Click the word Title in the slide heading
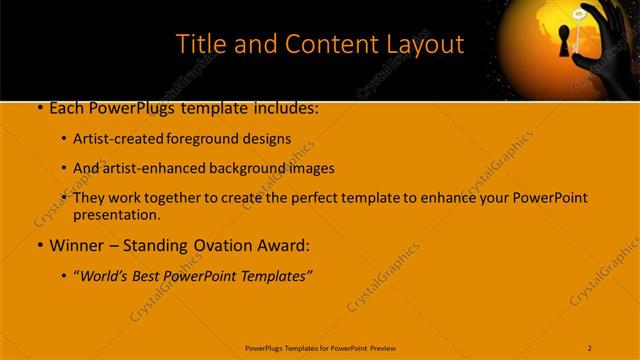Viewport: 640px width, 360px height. (x=199, y=45)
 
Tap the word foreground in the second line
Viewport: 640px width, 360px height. (x=217, y=139)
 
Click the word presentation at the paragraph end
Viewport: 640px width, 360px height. (x=116, y=214)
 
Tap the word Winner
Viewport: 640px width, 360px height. (x=77, y=244)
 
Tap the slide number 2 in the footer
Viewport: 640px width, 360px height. (x=590, y=347)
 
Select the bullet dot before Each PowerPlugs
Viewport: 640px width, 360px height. (x=38, y=107)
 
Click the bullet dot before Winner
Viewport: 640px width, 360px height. (x=38, y=244)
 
